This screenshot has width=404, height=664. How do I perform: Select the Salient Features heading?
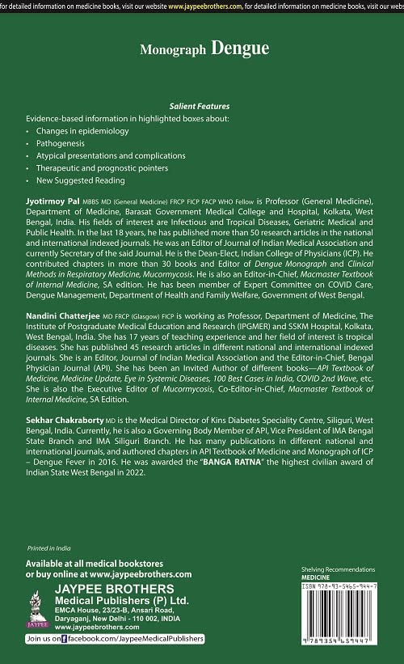coord(199,106)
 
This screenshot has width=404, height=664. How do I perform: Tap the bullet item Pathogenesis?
coord(61,142)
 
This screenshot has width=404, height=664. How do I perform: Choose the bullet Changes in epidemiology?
coord(78,130)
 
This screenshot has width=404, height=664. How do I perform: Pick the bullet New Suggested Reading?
coord(80,180)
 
